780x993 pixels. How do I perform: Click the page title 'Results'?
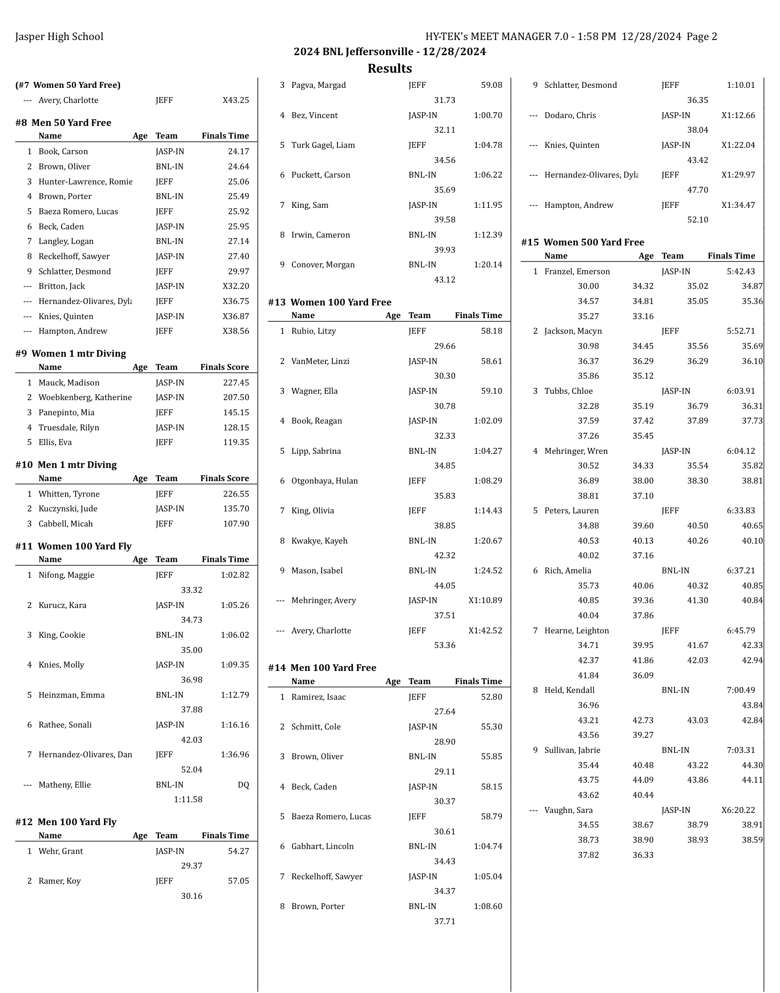coord(390,68)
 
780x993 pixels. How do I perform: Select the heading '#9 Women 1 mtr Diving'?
coord(71,353)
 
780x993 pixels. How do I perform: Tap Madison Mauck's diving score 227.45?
coord(236,383)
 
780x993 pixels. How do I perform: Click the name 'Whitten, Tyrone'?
coord(69,494)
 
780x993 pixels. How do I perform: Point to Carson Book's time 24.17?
coord(238,151)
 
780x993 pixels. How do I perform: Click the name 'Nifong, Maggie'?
coord(66,575)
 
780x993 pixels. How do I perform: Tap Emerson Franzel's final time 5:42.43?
coord(740,271)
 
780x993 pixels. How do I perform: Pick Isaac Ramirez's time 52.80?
coord(492,697)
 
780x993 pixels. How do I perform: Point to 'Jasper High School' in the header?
coord(59,37)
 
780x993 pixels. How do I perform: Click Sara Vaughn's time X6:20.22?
coord(738,810)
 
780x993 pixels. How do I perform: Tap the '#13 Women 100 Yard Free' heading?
coord(329,302)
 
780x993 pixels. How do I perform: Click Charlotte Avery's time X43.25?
coord(236,100)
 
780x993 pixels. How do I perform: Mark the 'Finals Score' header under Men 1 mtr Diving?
coord(225,478)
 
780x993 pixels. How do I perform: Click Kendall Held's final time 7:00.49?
coord(740,690)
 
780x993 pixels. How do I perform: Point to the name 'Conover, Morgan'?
coord(323,264)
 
